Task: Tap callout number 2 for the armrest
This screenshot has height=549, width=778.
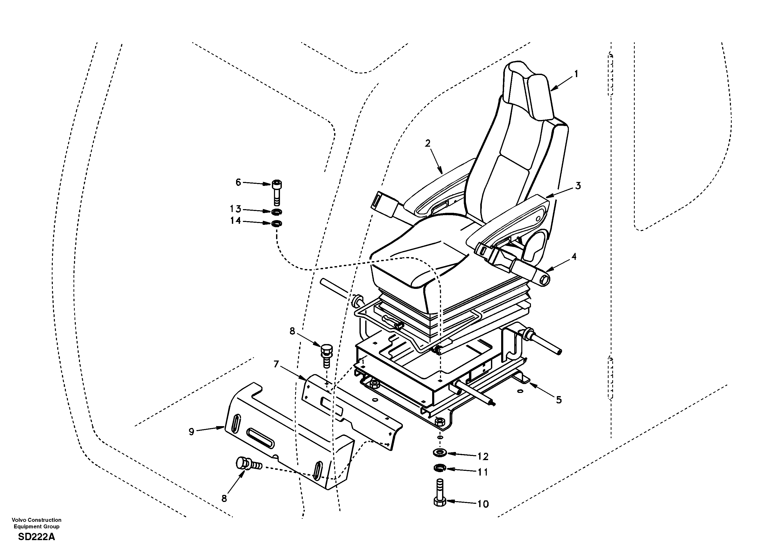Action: click(x=428, y=143)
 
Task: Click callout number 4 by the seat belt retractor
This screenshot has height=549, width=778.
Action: click(x=573, y=257)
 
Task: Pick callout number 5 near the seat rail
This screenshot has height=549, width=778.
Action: click(x=559, y=400)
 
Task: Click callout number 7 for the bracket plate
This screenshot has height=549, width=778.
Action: click(x=276, y=364)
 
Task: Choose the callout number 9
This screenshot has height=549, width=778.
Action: click(x=191, y=432)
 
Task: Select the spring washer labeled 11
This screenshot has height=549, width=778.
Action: click(x=439, y=469)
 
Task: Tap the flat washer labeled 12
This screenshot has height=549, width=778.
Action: click(x=439, y=453)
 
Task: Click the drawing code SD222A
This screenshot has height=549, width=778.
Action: click(x=36, y=537)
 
